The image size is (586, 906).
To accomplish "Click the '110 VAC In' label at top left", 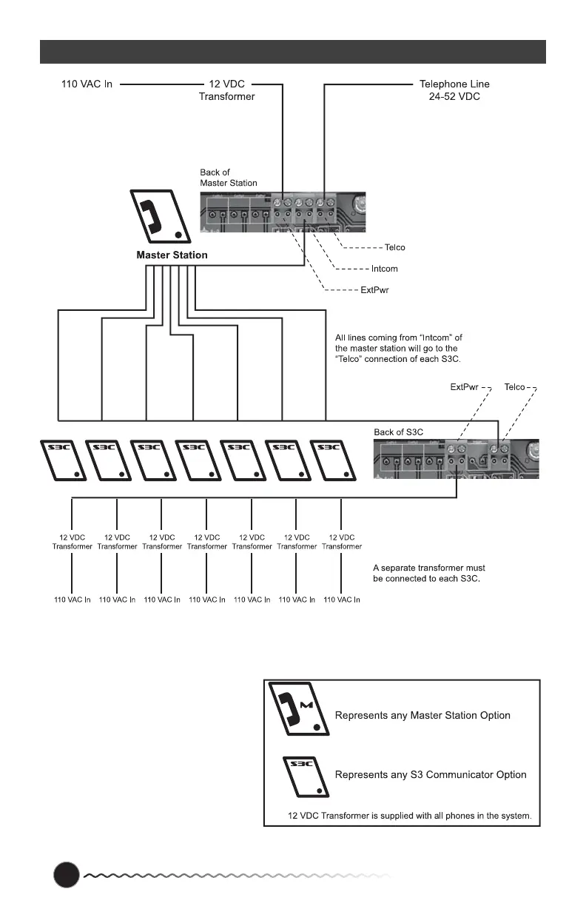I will coord(86,84).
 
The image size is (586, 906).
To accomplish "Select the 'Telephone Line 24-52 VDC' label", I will coord(454,90).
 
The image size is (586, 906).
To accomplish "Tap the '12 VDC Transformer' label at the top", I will coord(226,90).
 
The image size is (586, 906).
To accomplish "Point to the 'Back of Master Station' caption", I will coord(229,178).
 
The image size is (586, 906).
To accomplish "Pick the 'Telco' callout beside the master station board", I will coord(395,247).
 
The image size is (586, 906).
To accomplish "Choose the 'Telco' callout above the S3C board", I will coord(515,387).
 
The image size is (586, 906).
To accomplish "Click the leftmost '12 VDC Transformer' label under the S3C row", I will coord(72,542).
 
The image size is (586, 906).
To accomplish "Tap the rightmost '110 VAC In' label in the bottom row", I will coord(342,600).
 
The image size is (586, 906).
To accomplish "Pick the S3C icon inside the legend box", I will coord(304,776).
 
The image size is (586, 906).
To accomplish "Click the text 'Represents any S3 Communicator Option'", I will coord(431,775).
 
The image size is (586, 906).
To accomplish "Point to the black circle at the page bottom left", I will coord(66,875).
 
